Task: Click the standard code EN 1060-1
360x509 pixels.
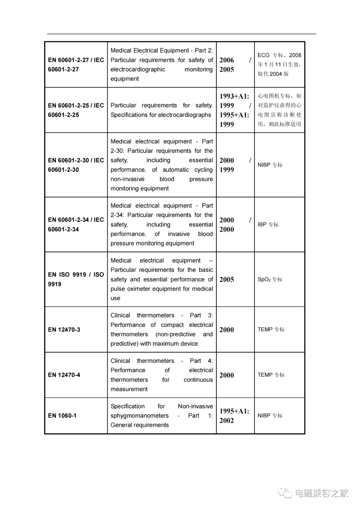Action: point(62,416)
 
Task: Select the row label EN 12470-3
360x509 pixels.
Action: point(64,329)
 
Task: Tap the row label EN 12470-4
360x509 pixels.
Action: point(64,375)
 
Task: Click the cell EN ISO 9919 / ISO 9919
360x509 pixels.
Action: point(76,279)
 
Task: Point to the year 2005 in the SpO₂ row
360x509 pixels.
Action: point(227,279)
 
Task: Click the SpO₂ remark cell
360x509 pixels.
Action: point(270,279)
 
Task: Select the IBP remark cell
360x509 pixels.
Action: point(268,225)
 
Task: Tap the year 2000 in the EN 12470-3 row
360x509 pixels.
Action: point(227,330)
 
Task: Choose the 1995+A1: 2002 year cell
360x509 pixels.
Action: point(234,416)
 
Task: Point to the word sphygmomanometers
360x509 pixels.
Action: point(139,416)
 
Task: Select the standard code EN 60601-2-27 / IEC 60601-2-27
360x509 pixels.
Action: point(76,65)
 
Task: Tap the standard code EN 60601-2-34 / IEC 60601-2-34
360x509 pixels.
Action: point(76,225)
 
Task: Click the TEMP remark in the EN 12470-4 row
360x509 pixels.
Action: point(271,375)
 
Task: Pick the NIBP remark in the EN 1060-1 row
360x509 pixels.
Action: point(270,416)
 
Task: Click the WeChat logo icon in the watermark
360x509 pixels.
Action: point(285,493)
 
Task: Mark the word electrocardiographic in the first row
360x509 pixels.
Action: point(138,69)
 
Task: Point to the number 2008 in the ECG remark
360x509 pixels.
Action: point(295,55)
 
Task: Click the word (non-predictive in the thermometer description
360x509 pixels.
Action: point(175,334)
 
